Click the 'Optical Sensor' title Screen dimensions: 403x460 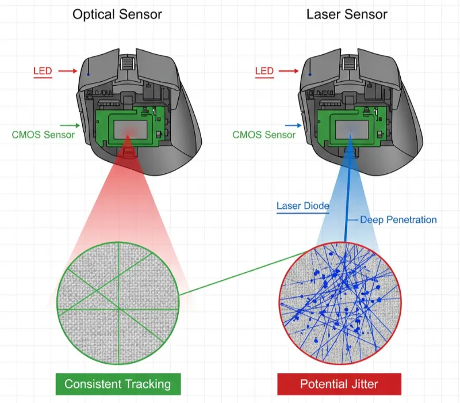pyautogui.click(x=117, y=14)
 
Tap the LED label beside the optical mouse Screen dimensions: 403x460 pyautogui.click(x=43, y=71)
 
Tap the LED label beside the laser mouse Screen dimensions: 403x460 pyautogui.click(x=264, y=71)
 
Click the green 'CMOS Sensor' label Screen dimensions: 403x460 pyautogui.click(x=43, y=135)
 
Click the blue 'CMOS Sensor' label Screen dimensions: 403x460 pyautogui.click(x=263, y=135)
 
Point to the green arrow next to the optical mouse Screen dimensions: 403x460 pyautogui.click(x=70, y=125)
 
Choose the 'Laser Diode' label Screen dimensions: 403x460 pyautogui.click(x=302, y=206)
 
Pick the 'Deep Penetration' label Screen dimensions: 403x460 pyautogui.click(x=398, y=219)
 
